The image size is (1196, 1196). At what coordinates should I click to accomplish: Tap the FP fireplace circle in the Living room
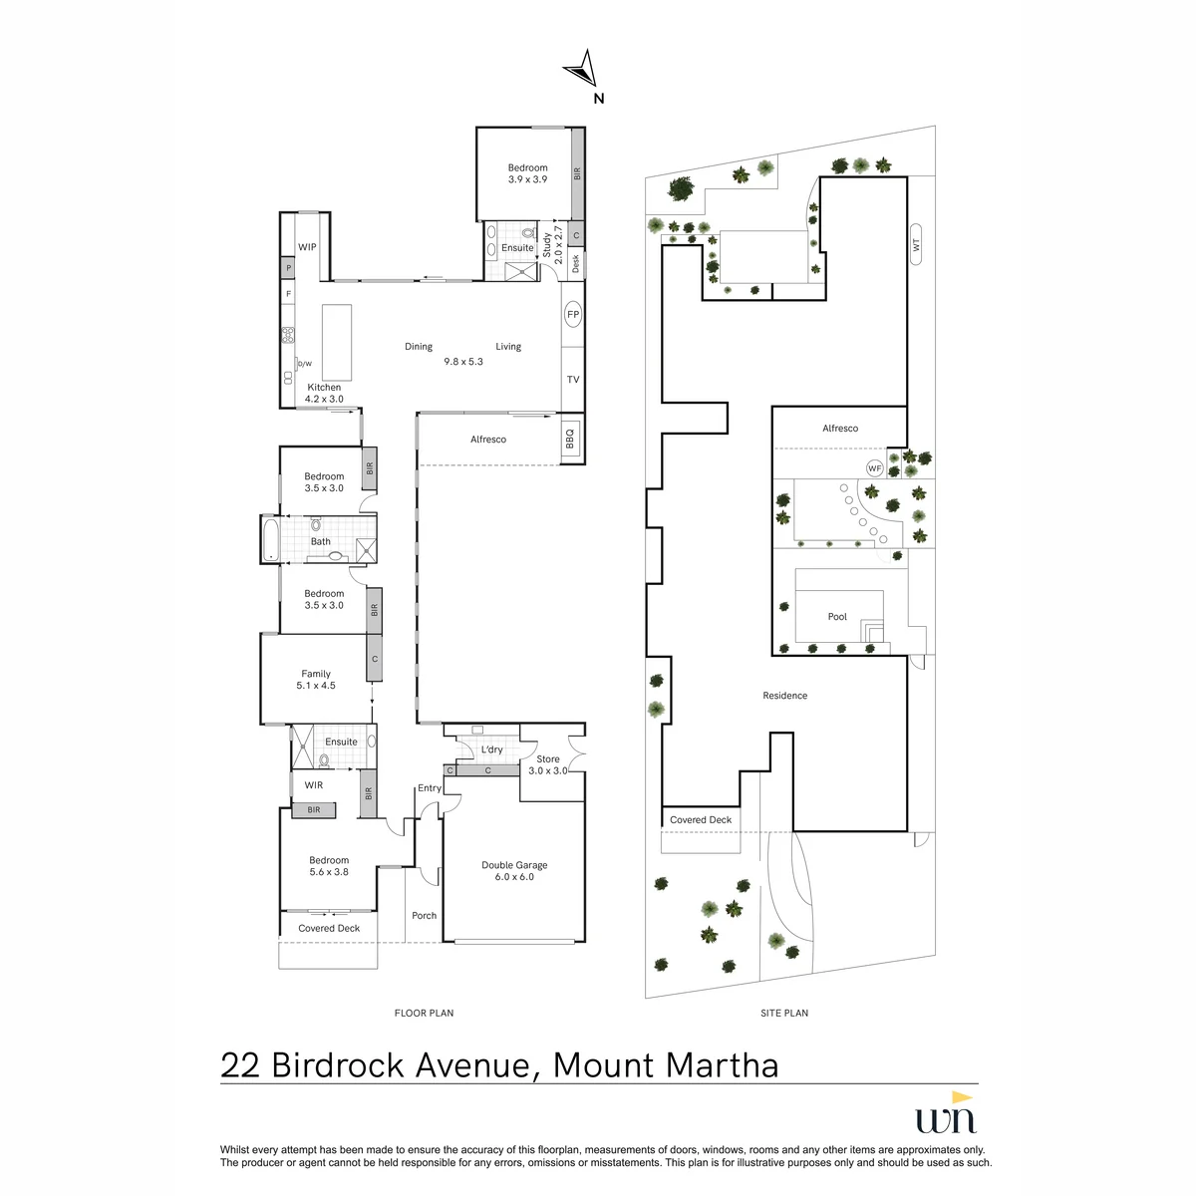(x=573, y=315)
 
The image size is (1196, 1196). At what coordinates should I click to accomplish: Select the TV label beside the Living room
(x=573, y=379)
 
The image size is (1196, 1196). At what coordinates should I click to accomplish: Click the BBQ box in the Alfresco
(x=570, y=439)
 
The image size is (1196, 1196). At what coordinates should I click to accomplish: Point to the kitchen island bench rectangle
(x=337, y=342)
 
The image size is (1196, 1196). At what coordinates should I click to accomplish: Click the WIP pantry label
(x=307, y=247)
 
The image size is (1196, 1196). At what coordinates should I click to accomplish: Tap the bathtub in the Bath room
(x=271, y=539)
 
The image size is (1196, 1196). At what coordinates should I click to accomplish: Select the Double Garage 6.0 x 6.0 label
(x=514, y=871)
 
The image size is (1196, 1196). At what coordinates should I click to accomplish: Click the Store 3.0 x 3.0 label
(x=547, y=764)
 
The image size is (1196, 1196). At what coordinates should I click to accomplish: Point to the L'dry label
(x=491, y=749)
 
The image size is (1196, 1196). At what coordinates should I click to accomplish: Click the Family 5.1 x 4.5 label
(x=316, y=680)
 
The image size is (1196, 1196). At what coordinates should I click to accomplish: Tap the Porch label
(x=424, y=916)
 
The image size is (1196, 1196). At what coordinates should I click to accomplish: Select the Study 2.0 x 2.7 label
(x=552, y=245)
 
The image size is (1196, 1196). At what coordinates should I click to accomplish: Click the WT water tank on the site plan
(x=916, y=244)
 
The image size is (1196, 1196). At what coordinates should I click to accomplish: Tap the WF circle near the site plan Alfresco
(x=874, y=468)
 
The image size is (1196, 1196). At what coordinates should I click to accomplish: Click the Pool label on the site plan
(x=837, y=616)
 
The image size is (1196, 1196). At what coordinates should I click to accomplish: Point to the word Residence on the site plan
(x=785, y=695)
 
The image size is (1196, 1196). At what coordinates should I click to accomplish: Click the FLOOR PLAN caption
(x=424, y=1013)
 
